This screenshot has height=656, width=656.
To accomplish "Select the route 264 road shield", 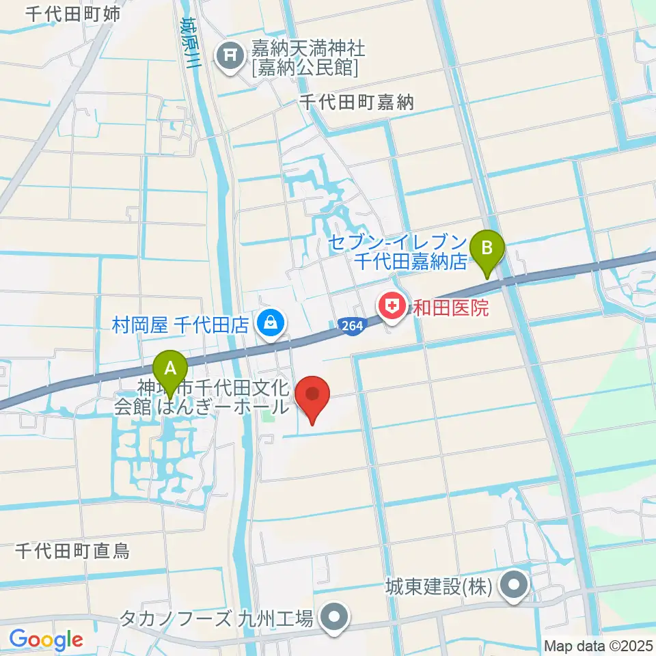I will point(351,327).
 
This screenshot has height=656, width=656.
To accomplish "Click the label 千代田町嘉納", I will point(357,102).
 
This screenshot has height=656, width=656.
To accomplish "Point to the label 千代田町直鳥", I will point(72,550).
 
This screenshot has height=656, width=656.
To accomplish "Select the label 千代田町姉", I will point(73,13).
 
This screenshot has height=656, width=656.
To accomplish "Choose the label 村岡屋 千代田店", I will point(180,323).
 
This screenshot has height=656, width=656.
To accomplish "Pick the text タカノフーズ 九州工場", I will point(217,619).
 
